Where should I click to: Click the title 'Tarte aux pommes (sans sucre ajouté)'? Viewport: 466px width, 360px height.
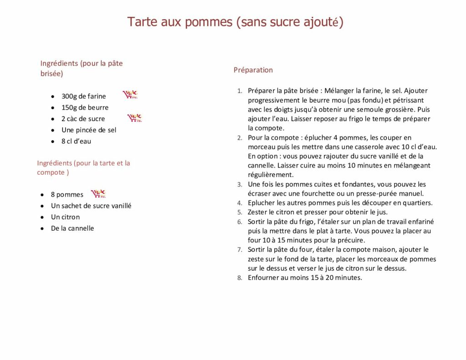(235, 22)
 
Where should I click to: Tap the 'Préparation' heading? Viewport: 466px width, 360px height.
(253, 70)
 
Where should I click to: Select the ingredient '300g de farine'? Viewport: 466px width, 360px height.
(84, 96)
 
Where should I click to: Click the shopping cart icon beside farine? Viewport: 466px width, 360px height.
(130, 95)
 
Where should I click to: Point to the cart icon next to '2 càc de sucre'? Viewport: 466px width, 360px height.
(134, 118)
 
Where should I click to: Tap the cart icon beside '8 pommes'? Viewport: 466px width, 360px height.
(98, 193)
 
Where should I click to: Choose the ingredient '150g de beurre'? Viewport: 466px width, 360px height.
(85, 107)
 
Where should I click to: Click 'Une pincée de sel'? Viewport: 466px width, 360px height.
(89, 130)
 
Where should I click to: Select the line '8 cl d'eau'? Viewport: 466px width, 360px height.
(76, 141)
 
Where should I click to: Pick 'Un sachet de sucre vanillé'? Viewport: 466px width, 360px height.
(91, 206)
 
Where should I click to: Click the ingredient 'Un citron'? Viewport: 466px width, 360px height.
(65, 217)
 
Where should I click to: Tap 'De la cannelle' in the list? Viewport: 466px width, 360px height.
(72, 228)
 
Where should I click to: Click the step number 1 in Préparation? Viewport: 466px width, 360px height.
(239, 91)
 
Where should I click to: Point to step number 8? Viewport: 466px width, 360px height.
(239, 278)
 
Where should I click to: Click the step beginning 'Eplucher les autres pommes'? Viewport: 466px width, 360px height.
(340, 203)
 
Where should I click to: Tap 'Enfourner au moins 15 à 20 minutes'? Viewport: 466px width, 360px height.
(304, 278)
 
